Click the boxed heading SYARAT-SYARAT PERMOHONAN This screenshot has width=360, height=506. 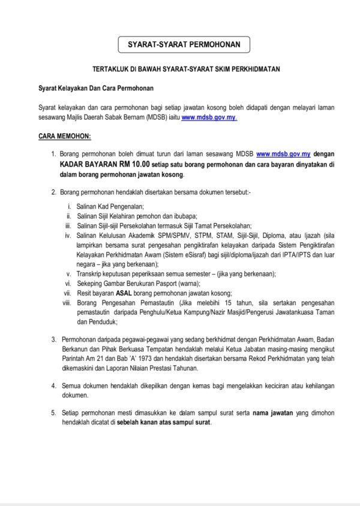click(x=180, y=44)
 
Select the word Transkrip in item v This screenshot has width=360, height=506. click(x=89, y=273)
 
